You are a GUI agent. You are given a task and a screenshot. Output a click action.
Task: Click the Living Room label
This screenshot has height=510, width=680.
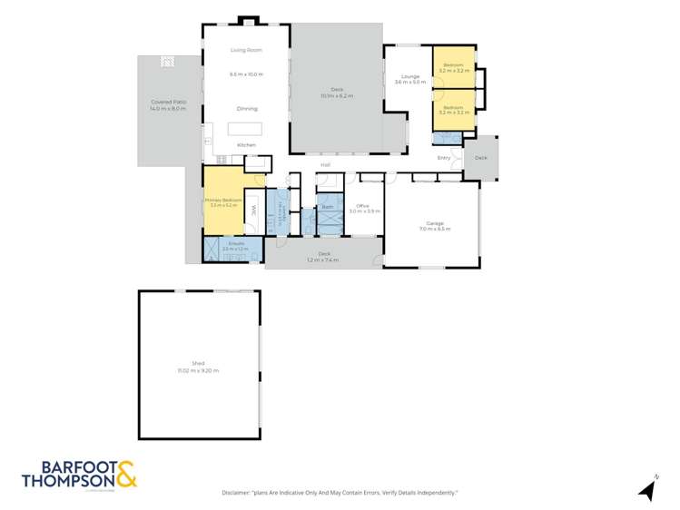[246, 50]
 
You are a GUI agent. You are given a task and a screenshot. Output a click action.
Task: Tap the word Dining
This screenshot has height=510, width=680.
[246, 108]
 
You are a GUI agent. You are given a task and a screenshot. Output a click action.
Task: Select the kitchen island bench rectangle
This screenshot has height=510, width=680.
[246, 128]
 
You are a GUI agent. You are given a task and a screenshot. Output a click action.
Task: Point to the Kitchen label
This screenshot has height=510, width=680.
[246, 145]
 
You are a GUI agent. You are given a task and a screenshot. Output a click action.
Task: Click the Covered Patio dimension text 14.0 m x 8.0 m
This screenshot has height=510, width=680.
[168, 109]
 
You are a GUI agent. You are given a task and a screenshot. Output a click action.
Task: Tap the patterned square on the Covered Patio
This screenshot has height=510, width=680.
[167, 62]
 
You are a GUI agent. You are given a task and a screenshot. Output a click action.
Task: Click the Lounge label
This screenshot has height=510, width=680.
[404, 77]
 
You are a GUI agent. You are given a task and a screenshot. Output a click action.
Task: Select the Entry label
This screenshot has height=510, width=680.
[444, 158]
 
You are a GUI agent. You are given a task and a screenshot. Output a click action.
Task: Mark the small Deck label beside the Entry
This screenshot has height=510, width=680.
[480, 158]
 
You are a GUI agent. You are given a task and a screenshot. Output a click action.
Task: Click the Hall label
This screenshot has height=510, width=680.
[324, 164]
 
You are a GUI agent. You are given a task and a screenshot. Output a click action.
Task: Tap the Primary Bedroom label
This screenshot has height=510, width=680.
[222, 201]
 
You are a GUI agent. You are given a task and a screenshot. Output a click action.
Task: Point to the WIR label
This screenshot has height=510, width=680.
[255, 210]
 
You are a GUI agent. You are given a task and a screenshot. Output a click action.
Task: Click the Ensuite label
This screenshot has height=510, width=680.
[223, 244]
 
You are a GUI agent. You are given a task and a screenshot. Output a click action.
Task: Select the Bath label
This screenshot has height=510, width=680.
[328, 207]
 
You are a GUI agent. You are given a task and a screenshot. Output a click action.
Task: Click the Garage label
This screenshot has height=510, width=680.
[435, 223]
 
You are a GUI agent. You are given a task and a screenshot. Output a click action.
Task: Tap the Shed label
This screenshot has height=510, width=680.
[198, 363]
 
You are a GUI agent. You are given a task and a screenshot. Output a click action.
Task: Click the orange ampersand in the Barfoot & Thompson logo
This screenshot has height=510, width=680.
[126, 470]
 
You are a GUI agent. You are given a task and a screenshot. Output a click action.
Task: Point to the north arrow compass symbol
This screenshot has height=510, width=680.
[648, 490]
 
